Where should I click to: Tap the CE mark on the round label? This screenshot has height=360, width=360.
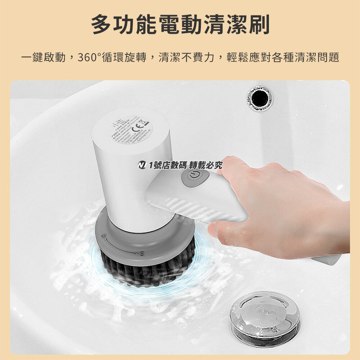pyautogui.click(x=142, y=126)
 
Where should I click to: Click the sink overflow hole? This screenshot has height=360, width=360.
pyautogui.click(x=260, y=98)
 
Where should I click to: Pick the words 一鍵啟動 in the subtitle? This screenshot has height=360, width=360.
pyautogui.click(x=43, y=57)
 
